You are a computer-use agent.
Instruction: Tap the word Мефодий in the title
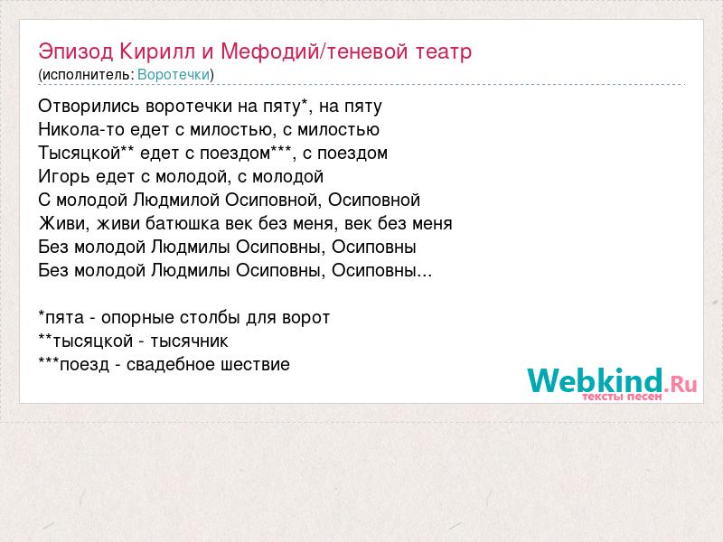click(269, 51)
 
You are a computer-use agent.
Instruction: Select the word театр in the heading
click(444, 52)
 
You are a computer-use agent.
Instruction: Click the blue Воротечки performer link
click(174, 75)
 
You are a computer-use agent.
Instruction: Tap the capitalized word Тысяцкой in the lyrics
click(80, 154)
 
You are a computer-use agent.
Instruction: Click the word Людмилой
click(176, 201)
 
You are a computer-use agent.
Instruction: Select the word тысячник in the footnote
click(189, 341)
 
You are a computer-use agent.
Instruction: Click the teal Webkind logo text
click(595, 380)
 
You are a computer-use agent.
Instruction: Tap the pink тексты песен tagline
click(622, 397)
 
